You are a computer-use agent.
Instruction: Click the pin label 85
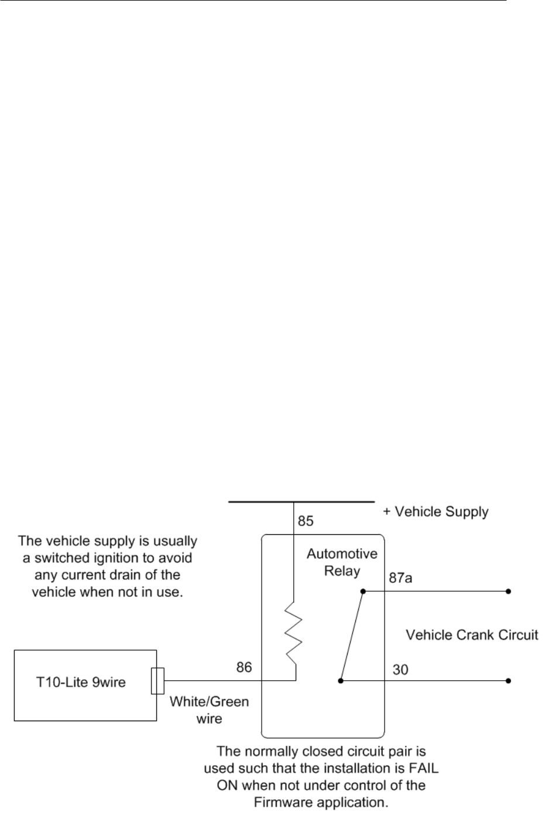point(306,520)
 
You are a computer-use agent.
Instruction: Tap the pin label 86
point(244,667)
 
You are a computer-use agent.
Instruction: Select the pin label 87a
point(400,578)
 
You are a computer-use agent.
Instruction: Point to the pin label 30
point(400,669)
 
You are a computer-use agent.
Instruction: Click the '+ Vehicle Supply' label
point(435,511)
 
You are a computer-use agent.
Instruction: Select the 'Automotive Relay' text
point(342,562)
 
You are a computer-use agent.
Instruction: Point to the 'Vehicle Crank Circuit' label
point(472,636)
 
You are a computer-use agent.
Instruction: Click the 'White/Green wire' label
point(209,709)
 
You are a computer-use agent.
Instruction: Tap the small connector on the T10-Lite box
point(157,681)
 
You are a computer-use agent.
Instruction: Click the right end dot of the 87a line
point(508,592)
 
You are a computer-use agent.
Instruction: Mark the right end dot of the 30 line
point(508,681)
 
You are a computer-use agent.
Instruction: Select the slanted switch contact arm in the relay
point(352,636)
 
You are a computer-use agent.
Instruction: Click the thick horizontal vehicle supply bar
point(301,502)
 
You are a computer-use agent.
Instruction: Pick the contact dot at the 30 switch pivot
point(341,681)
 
